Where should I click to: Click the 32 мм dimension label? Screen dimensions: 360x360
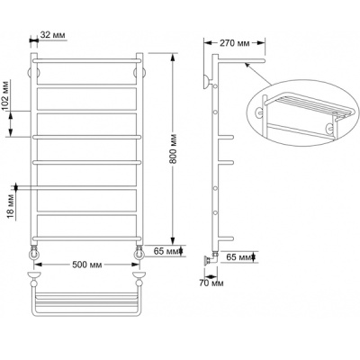[x=52, y=35]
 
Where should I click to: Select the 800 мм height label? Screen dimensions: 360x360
[x=174, y=149]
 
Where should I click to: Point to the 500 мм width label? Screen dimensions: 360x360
[x=87, y=265]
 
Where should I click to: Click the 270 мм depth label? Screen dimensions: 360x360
[x=235, y=43]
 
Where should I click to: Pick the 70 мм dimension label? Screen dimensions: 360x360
[x=211, y=283]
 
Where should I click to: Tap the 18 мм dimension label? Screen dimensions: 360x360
[x=10, y=206]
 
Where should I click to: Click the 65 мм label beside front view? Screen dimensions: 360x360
[x=166, y=251]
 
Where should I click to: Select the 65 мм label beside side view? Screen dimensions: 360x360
[x=239, y=257]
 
